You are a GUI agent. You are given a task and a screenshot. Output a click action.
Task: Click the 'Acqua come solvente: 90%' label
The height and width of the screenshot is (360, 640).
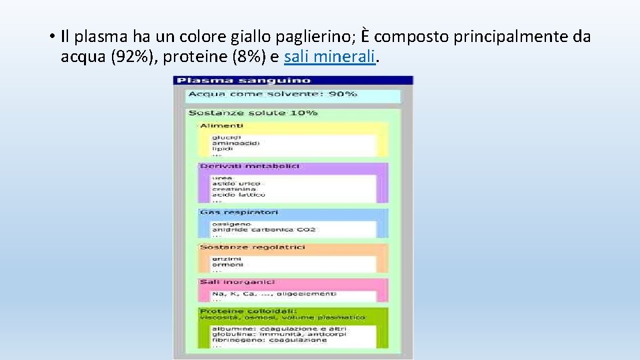[x=273, y=94]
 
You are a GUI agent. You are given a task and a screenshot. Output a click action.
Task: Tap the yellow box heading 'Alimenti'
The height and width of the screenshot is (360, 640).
[x=222, y=125]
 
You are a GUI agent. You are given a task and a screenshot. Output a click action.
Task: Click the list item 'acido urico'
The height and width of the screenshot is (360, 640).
[x=236, y=183]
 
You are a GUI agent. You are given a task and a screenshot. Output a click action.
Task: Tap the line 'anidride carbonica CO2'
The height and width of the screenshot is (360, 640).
[x=264, y=229]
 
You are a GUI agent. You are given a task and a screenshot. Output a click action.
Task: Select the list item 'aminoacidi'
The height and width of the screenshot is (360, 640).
[x=235, y=143]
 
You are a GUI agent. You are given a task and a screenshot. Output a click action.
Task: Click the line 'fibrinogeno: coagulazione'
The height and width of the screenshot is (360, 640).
[x=269, y=340]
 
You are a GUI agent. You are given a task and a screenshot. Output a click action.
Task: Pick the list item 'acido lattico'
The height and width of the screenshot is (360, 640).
[x=239, y=195]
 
